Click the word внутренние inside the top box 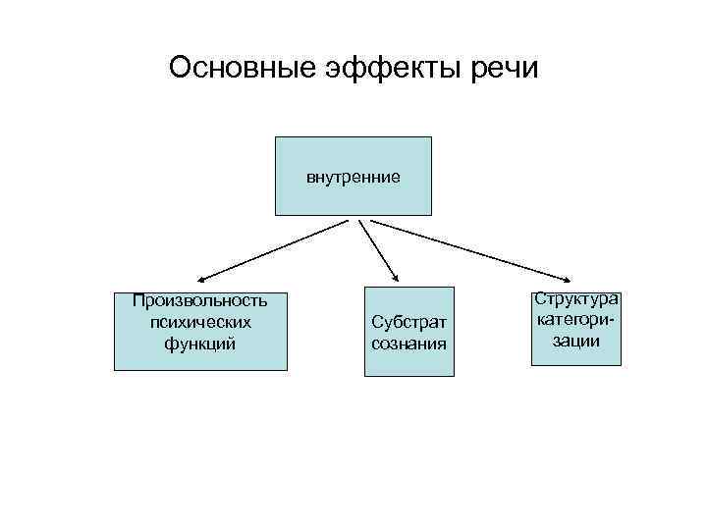[353, 178]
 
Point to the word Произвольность [200, 299]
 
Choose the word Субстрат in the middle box [409, 322]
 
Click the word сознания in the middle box [409, 344]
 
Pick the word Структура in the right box [576, 297]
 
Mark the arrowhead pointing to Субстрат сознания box [395, 280]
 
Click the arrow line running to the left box [275, 251]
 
